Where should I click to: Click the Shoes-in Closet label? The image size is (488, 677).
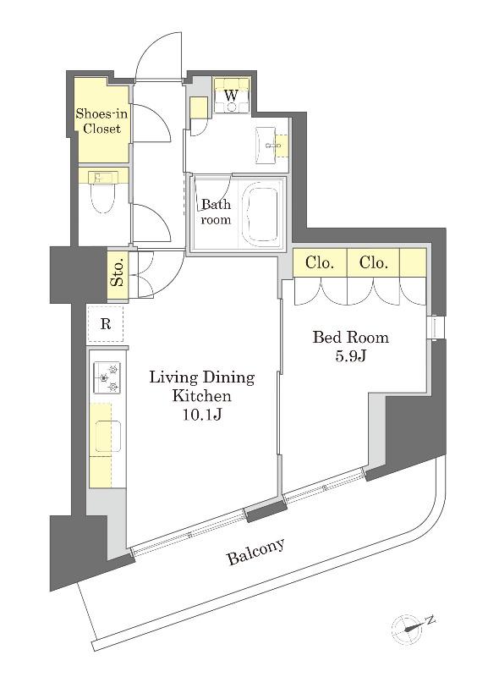coord(101,121)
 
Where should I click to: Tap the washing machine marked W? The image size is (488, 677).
coord(232,96)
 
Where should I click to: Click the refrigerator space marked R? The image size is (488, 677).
coord(105,323)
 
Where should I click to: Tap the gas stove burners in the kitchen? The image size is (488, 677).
coord(107,377)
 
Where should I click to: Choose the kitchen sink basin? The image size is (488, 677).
coord(108,436)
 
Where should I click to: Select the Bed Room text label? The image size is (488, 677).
coord(350,337)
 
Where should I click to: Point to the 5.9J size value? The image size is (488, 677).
coord(350,355)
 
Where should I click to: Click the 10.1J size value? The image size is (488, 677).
coord(202,414)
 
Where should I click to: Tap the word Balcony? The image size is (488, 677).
coord(256,552)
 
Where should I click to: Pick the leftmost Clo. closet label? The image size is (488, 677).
coord(320,262)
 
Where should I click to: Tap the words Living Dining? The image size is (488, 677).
coord(202,377)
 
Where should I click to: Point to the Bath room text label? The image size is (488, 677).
coord(216,212)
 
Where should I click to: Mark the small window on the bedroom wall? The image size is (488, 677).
coord(436,327)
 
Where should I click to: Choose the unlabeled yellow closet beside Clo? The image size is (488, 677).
coord(413,262)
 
